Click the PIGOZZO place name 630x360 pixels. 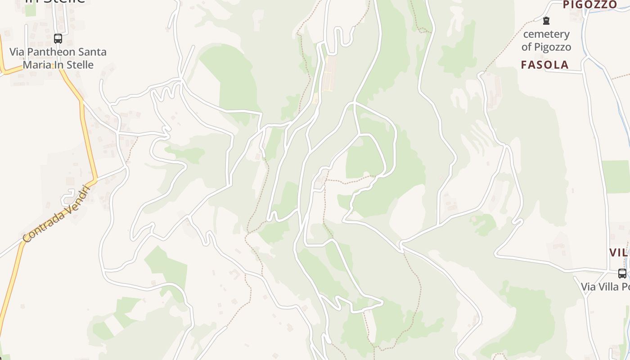click(590, 4)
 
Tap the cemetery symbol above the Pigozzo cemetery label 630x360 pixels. click(546, 21)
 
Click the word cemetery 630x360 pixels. click(546, 34)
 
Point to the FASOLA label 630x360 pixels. click(544, 65)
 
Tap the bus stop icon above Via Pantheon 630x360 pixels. click(58, 39)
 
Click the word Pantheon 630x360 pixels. click(45, 52)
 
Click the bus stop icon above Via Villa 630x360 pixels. click(622, 273)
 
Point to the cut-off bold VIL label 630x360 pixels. click(619, 252)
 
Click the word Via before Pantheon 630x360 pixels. click(17, 52)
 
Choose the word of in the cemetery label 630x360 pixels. click(527, 47)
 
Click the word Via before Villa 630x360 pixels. click(588, 287)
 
